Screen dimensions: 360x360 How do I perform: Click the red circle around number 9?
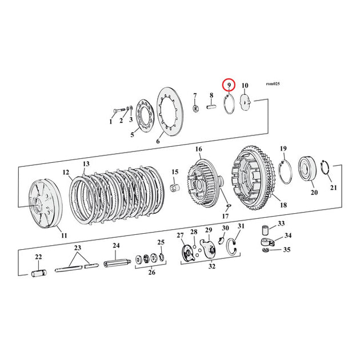point(229,85)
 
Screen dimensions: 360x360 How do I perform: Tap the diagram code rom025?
point(273,84)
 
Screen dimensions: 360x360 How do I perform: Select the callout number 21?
point(333,187)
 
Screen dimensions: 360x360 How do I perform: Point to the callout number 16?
point(199,149)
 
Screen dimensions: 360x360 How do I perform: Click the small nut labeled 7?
point(195,107)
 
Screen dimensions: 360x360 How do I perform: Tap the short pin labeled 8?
point(211,107)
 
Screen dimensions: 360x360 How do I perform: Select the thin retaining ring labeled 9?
point(229,105)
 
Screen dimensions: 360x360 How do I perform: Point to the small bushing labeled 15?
point(175,187)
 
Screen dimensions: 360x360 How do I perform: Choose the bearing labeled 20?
point(307,169)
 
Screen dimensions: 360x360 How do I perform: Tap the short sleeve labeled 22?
point(39,274)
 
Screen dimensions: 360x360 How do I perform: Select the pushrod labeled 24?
point(117,263)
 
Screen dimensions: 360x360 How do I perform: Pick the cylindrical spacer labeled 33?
point(265,230)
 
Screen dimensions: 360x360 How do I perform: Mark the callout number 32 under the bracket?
point(211,266)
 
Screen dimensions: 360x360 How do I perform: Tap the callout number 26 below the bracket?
point(151,273)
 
